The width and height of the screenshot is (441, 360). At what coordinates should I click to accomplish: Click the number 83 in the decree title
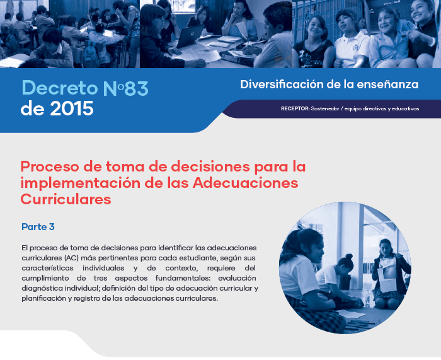coord(137,88)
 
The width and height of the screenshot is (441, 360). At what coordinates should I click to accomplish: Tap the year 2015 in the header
coord(72,108)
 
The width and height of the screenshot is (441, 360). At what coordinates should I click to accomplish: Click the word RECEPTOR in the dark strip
coord(295,108)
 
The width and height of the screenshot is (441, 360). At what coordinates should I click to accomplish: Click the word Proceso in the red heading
coord(50,166)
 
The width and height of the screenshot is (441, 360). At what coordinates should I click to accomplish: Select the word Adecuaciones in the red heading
coord(246,183)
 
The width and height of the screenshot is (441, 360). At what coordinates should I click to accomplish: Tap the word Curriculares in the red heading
coord(66,199)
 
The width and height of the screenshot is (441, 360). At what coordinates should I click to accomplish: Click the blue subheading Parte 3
coord(38,226)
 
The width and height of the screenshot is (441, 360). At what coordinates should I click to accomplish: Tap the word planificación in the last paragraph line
coord(43,298)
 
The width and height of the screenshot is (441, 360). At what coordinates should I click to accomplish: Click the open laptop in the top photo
coord(189,37)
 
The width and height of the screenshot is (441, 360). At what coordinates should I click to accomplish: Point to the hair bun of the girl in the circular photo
coord(349,257)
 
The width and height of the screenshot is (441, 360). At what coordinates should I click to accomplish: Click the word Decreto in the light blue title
coord(60,88)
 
